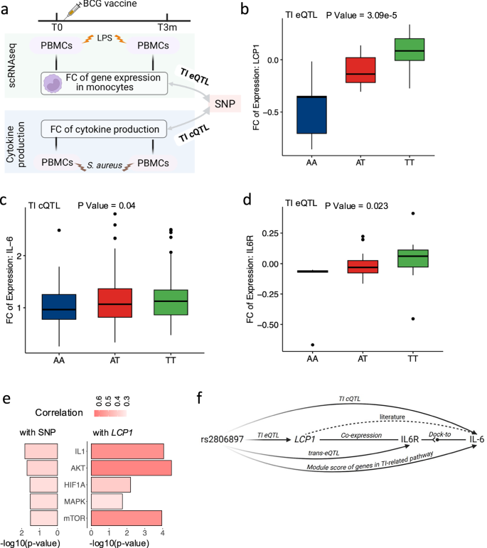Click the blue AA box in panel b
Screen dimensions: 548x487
312,114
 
